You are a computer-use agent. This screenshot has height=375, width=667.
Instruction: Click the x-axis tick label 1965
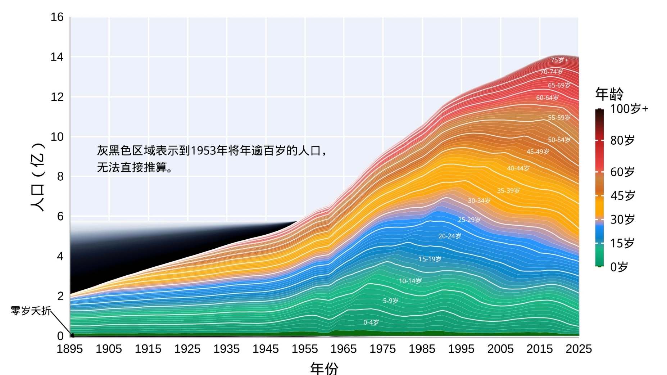[x=344, y=349]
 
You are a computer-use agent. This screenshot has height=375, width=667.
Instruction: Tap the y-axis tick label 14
[x=57, y=57]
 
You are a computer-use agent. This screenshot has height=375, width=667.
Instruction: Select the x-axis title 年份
[x=324, y=368]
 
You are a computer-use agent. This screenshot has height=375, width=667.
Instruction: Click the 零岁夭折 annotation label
[x=31, y=311]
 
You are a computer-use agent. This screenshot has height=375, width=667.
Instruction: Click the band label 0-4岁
[x=371, y=322]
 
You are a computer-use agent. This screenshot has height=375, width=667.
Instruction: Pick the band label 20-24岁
[x=450, y=236]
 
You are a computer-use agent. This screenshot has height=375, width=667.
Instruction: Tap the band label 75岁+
[x=559, y=60]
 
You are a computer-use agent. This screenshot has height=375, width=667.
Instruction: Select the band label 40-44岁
[x=518, y=168]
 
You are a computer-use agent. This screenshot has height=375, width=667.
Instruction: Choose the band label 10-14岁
[x=410, y=281]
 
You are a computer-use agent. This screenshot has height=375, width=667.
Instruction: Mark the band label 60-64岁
[x=548, y=98]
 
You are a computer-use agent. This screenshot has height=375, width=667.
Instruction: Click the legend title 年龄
[x=609, y=94]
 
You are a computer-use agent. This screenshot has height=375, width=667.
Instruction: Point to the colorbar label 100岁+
[x=629, y=109]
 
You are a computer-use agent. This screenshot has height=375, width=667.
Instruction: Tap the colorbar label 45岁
[x=623, y=195]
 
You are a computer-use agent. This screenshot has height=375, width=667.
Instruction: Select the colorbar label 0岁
[x=619, y=267]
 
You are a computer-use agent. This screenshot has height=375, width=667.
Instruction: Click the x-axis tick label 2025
[x=578, y=349]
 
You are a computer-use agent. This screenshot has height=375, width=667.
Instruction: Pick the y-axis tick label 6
[x=60, y=216]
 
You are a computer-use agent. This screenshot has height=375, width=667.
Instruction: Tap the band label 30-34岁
[x=479, y=200]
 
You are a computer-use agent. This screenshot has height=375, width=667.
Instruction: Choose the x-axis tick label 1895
[x=70, y=349]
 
